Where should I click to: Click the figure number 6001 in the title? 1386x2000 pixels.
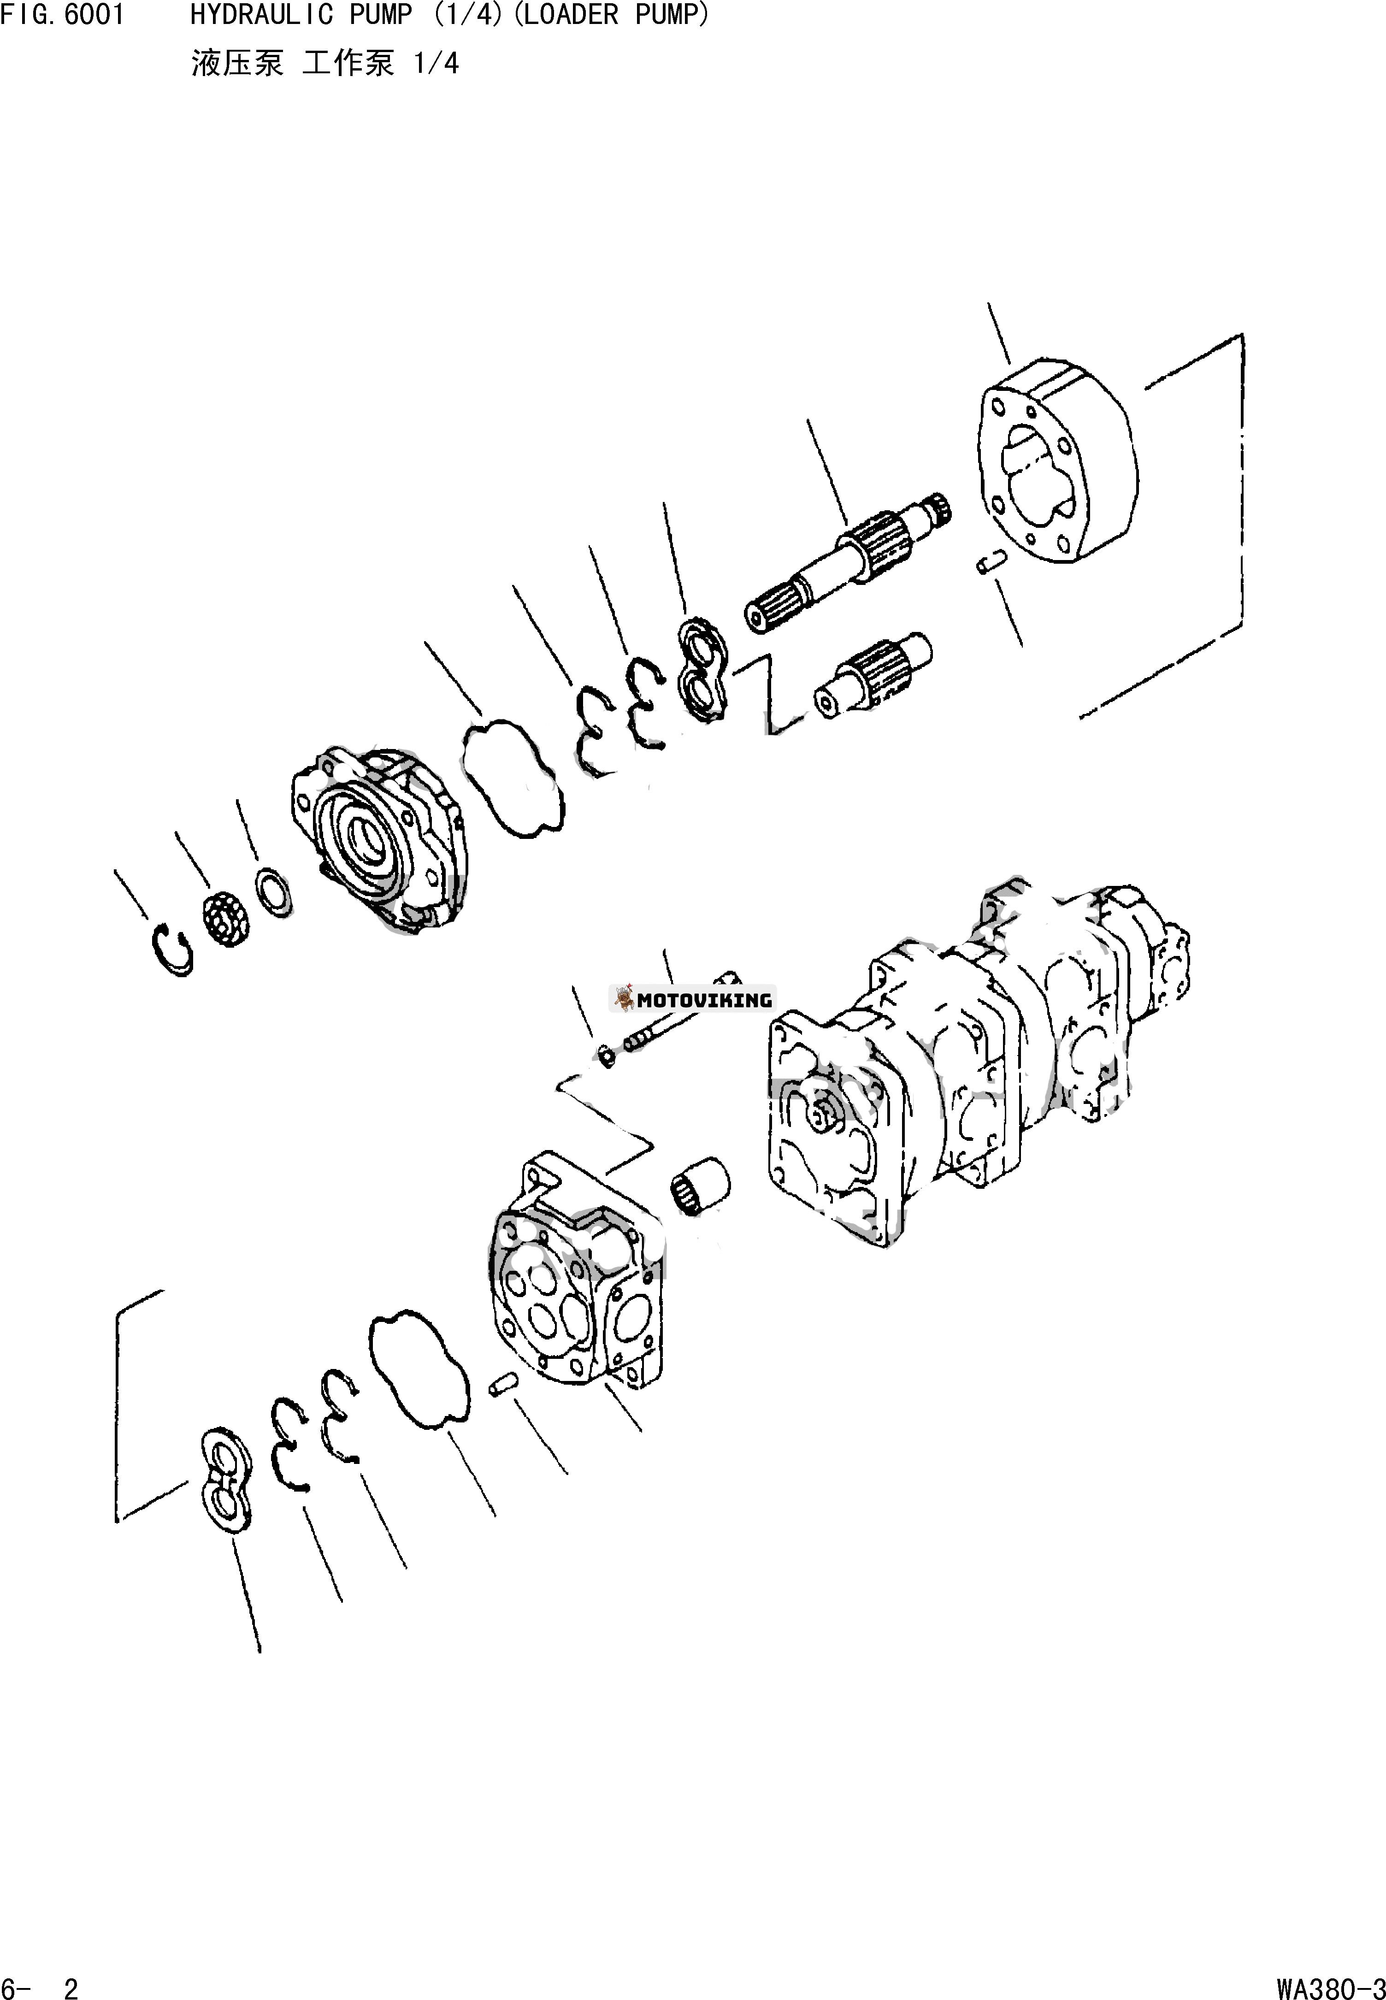[94, 16]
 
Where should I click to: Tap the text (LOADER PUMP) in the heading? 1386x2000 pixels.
[611, 16]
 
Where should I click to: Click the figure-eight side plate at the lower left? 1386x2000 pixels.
[224, 1478]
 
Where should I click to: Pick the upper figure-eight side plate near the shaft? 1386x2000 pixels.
[703, 671]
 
